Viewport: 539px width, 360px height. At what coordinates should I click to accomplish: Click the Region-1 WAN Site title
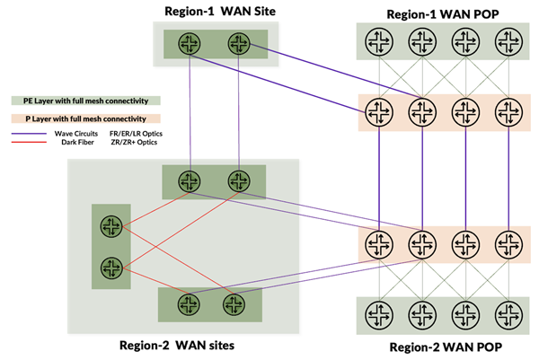[220, 12]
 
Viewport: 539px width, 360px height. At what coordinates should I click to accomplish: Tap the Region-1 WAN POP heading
[443, 14]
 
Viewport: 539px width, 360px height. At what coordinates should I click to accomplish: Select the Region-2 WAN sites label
[177, 345]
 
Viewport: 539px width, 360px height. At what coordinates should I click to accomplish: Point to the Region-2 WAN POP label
[446, 347]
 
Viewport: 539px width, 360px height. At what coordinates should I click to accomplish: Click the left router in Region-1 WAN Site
[190, 44]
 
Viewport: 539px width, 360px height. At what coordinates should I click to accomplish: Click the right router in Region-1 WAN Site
[239, 44]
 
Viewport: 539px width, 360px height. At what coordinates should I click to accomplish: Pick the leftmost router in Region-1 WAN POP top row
[379, 41]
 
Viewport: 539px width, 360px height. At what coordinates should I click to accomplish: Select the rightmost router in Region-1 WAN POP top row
[508, 41]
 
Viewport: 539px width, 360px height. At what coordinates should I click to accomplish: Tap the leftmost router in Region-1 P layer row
[379, 112]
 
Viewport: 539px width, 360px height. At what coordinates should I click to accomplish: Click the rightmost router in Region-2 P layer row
[508, 244]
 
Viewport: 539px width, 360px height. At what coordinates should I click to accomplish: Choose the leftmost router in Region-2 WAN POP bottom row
[379, 315]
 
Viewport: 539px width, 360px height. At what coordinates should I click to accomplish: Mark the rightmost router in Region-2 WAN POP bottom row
[508, 315]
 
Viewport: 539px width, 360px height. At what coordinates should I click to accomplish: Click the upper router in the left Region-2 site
[111, 226]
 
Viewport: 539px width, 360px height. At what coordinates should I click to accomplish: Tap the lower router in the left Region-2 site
[111, 268]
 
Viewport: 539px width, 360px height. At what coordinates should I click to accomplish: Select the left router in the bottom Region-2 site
[189, 304]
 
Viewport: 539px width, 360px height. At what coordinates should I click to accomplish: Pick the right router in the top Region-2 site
[239, 181]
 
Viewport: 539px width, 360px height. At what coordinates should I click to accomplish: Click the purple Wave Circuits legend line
[29, 134]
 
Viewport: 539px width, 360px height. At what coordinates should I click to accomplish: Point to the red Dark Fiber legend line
[29, 142]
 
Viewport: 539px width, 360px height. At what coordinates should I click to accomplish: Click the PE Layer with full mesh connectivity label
[86, 101]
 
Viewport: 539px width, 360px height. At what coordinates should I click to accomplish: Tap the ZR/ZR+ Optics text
[134, 142]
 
